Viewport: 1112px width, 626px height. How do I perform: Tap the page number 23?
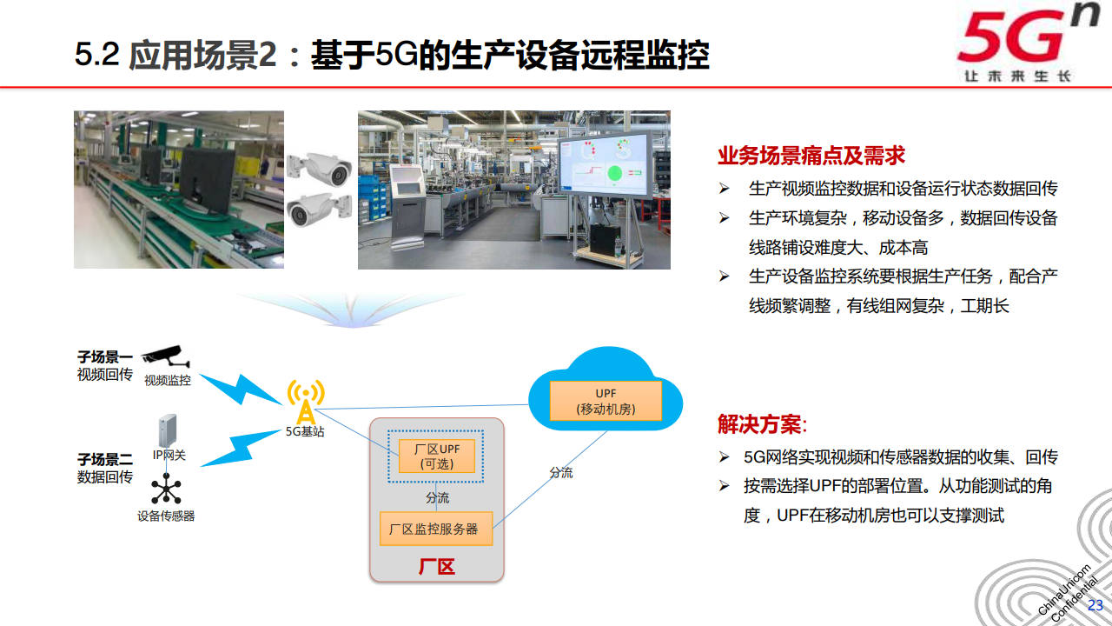(1095, 605)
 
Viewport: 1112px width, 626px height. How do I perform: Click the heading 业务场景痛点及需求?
(811, 156)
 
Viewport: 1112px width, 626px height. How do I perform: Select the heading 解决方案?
(761, 424)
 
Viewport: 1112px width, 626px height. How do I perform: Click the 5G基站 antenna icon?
(305, 402)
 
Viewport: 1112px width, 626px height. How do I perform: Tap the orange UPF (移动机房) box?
(606, 400)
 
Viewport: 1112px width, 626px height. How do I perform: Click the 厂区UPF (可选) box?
(437, 456)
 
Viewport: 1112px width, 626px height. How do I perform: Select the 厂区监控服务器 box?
(436, 529)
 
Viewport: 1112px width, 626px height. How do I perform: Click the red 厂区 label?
(436, 567)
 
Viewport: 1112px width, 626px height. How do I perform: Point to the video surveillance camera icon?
(167, 356)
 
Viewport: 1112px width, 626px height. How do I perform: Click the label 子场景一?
(104, 357)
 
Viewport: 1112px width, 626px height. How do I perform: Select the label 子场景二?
(104, 459)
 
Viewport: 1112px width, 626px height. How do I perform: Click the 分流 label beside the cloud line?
(560, 472)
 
